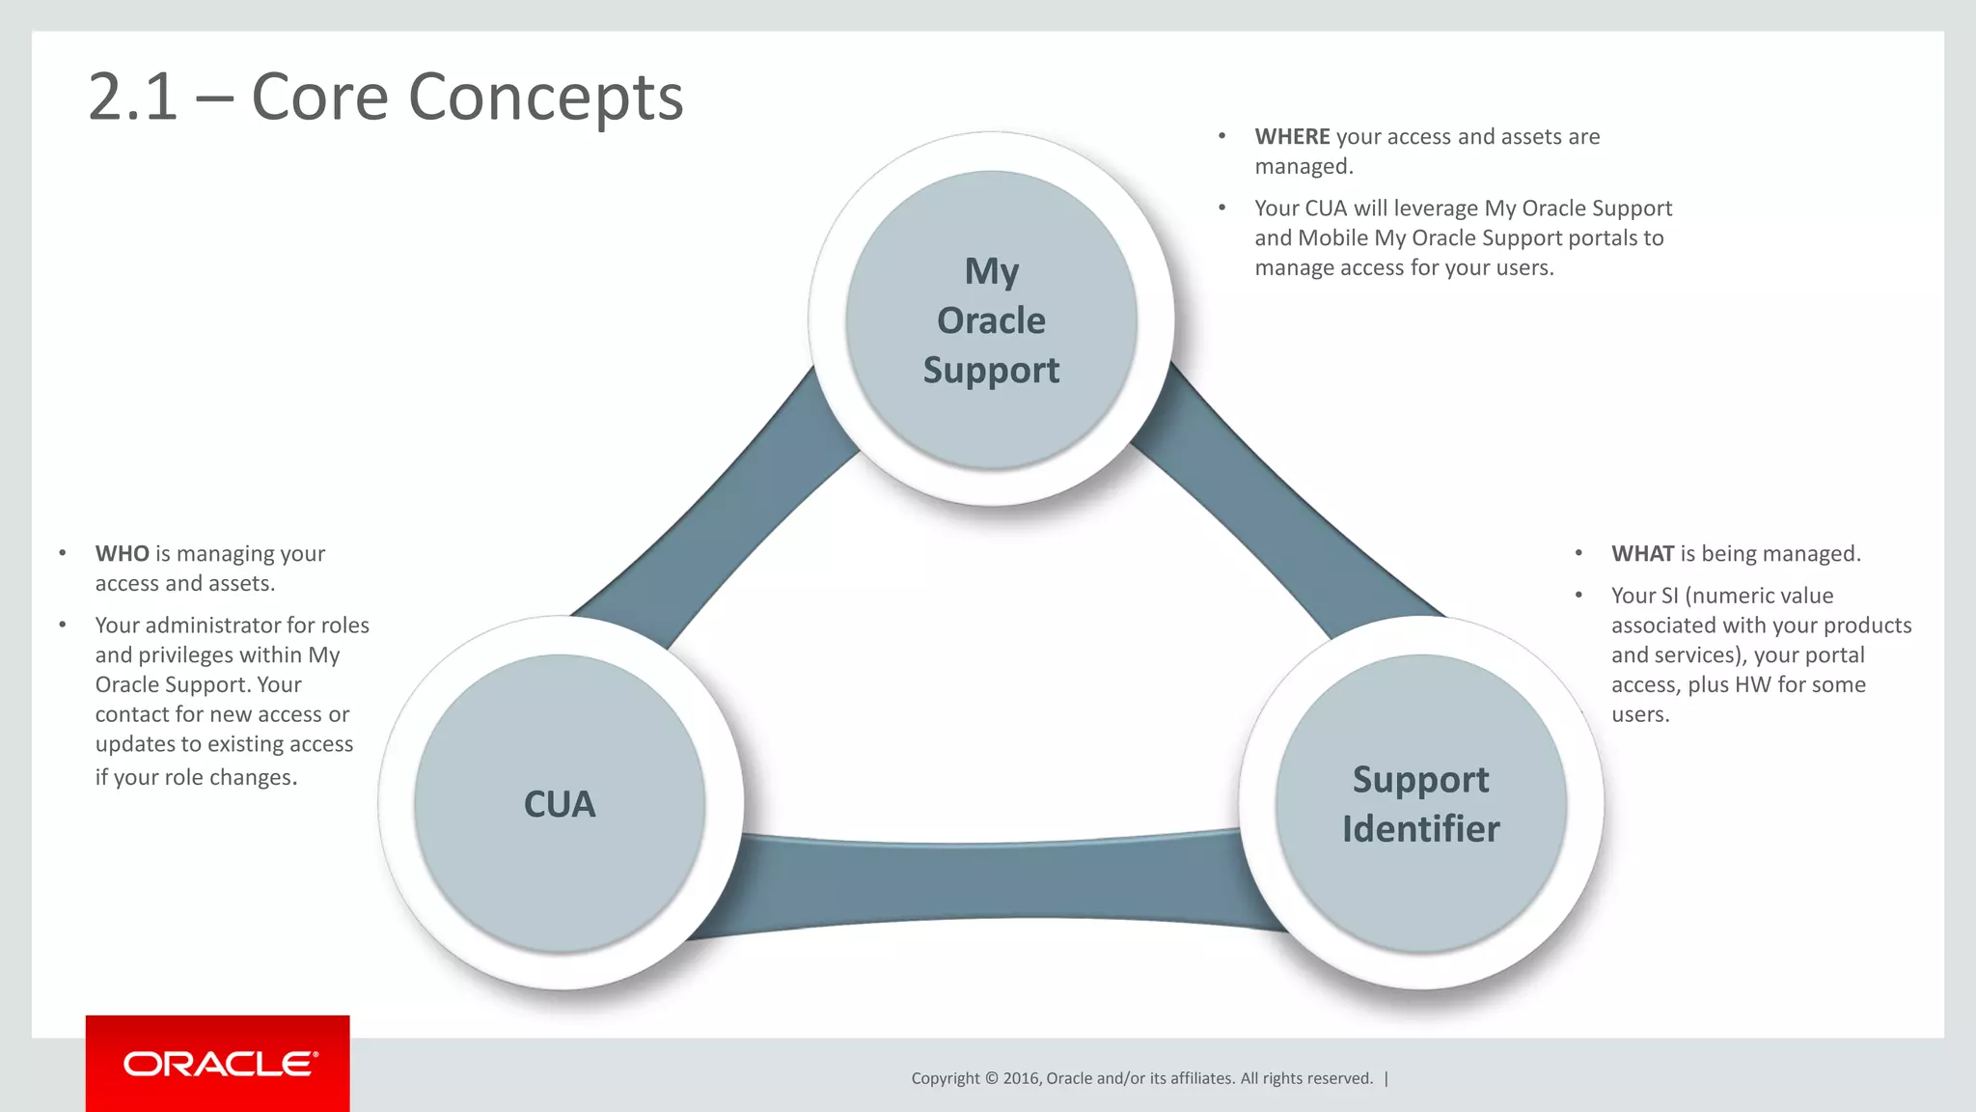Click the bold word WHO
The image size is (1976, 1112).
click(122, 554)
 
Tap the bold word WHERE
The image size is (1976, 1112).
click(1292, 137)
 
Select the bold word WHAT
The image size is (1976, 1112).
click(1642, 554)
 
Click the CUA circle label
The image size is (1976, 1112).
click(560, 804)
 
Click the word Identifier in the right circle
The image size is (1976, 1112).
click(1420, 829)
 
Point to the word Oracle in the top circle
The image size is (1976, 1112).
click(991, 320)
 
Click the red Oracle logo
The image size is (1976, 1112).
click(218, 1063)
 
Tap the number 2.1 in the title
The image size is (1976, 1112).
click(133, 97)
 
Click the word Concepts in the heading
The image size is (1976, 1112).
click(545, 97)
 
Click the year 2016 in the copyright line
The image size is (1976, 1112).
click(1021, 1078)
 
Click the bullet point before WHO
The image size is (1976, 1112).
click(63, 553)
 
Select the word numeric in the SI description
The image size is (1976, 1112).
click(1733, 596)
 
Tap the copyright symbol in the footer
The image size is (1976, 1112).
click(991, 1078)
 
